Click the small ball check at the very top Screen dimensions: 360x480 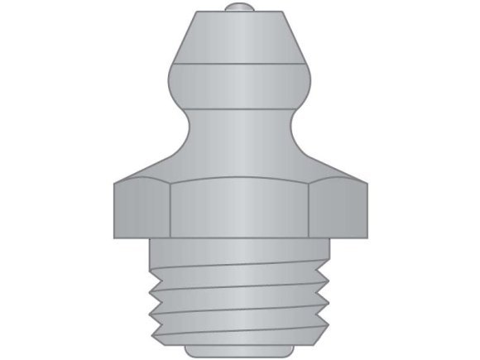coord(239,8)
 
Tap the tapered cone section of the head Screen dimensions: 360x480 coord(239,37)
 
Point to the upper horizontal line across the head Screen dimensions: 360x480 coord(239,64)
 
